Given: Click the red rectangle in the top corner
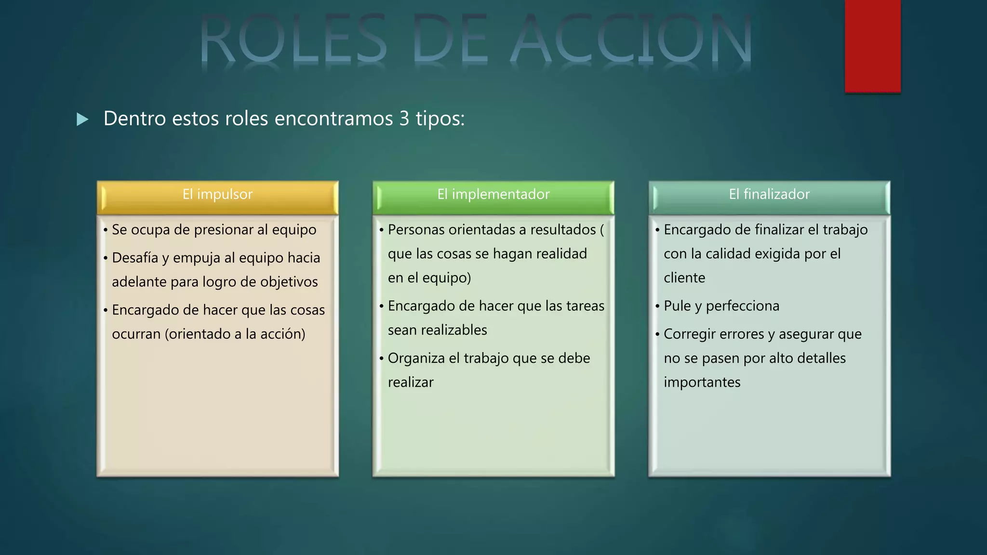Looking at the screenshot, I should point(872,46).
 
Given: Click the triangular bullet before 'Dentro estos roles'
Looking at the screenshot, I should point(83,119).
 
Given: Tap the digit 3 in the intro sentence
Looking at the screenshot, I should point(404,119).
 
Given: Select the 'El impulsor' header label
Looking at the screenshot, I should point(217,194).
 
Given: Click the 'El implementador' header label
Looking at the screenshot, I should point(493,194).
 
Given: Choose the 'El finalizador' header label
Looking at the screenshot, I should point(769,194).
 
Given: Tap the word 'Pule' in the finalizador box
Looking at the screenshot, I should point(677,306).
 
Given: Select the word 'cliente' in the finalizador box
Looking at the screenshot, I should point(684,278).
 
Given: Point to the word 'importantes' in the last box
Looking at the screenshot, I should point(702,383).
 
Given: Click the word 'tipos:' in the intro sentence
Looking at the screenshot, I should point(440,119).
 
